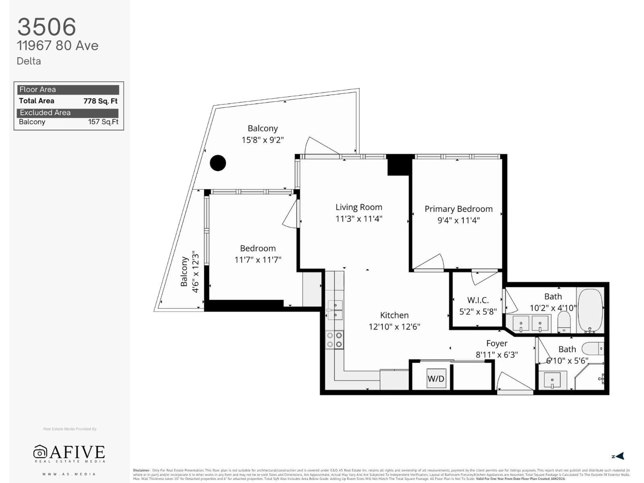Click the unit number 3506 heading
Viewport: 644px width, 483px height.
[47, 27]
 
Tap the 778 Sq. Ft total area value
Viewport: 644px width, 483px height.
[100, 101]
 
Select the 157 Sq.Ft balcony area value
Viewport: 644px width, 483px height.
[103, 122]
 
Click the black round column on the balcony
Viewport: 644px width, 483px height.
[218, 163]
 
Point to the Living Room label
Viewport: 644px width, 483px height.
[359, 207]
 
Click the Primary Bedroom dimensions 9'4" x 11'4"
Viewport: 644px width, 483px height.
[459, 220]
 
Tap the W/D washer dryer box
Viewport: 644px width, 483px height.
[436, 379]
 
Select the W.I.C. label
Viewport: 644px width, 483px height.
[478, 300]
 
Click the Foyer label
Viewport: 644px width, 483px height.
[497, 343]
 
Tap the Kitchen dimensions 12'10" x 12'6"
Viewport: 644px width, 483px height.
[394, 327]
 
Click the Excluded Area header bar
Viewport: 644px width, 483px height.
[68, 113]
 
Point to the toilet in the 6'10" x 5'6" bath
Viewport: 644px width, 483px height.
[593, 348]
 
